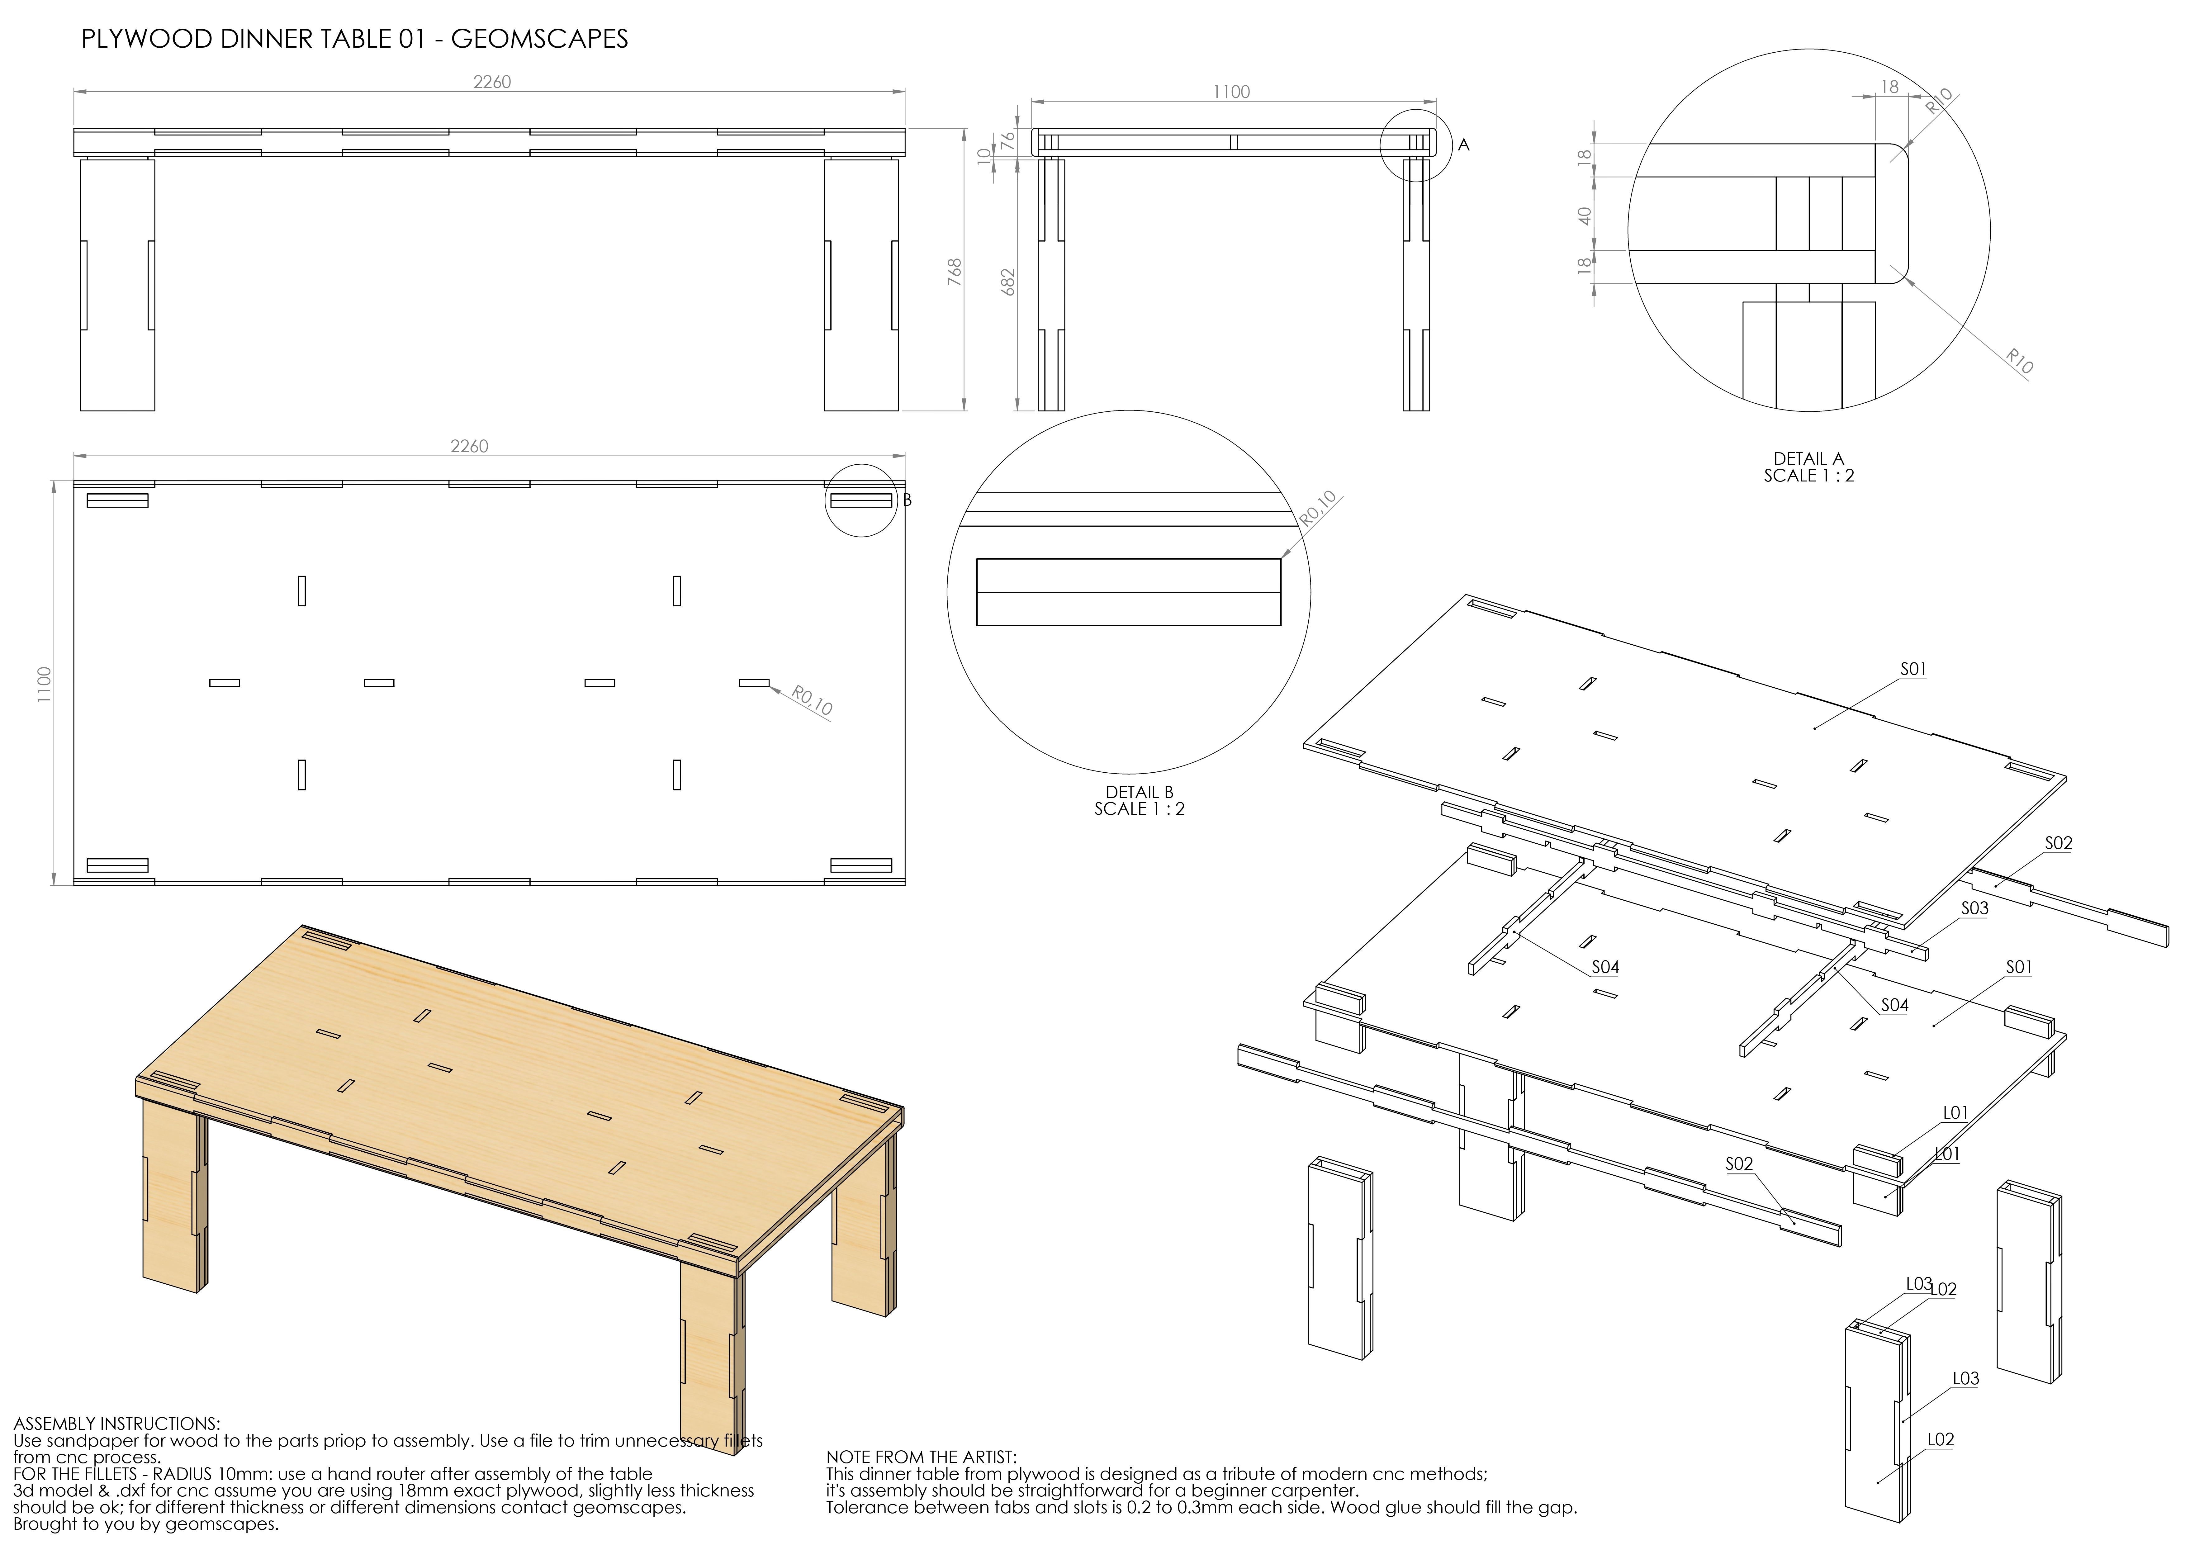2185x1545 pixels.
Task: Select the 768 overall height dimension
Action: [955, 271]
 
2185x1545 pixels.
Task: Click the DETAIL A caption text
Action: [1808, 459]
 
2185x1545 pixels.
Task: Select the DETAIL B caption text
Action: [1139, 792]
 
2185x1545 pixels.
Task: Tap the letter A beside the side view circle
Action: [1464, 145]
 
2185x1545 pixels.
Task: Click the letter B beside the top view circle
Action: [908, 500]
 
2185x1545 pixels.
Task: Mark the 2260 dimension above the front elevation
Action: [492, 82]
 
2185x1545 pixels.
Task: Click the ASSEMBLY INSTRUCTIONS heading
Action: [116, 1424]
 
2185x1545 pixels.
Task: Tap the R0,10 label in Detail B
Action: [1318, 509]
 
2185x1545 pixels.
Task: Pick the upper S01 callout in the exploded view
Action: [1913, 669]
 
